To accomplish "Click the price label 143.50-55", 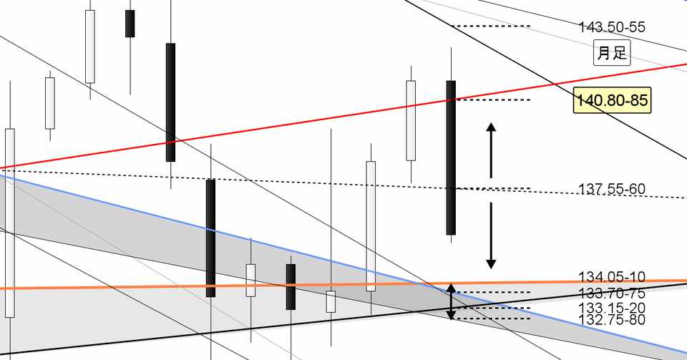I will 612,27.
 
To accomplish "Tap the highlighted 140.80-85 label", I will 612,101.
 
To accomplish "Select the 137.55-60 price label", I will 612,189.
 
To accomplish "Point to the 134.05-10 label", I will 612,277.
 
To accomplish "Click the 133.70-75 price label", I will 612,293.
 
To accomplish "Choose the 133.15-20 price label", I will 612,307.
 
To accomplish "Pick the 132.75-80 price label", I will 612,319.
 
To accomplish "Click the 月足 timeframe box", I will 612,53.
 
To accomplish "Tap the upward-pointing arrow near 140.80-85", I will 491,150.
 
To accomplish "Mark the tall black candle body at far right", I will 451,157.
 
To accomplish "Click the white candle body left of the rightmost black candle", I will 411,120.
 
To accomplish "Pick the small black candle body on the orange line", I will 291,286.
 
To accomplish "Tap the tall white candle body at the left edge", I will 9,222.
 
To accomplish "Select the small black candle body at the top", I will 130,24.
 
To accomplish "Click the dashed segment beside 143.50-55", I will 492,26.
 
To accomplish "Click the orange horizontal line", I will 143,287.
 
